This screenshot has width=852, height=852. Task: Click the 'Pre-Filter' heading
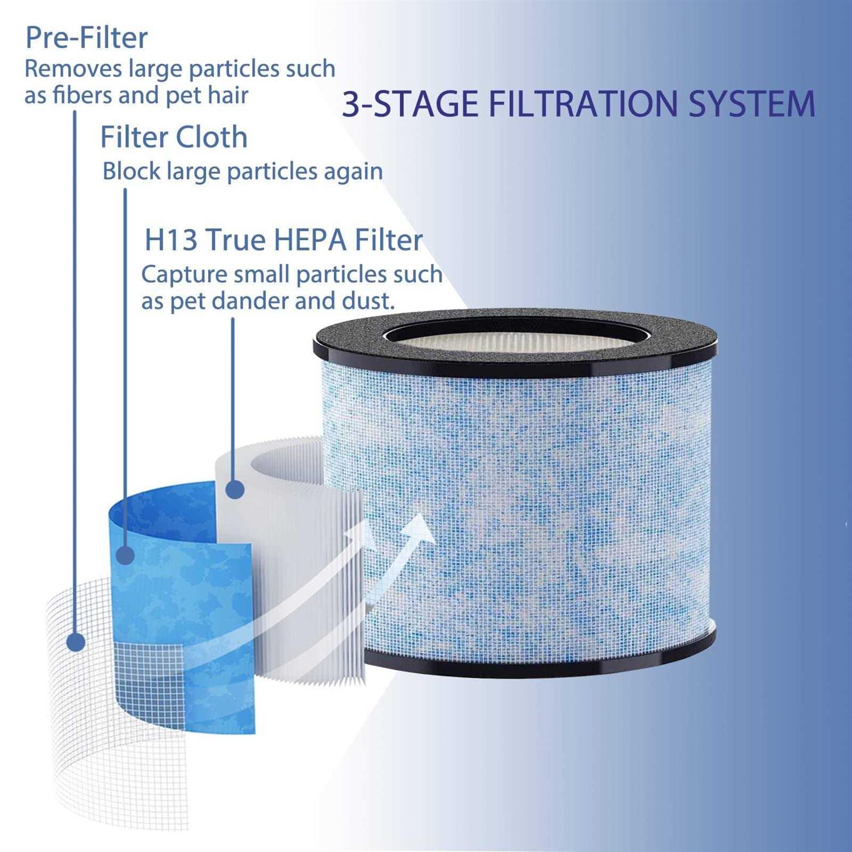point(86,38)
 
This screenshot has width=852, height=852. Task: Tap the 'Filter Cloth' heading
point(174,137)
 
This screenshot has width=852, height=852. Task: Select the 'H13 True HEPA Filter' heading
point(283,240)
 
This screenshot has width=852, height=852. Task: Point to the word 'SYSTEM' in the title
point(751,104)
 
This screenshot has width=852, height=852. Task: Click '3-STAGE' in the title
point(410,104)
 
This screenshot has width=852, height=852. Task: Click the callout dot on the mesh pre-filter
point(76,642)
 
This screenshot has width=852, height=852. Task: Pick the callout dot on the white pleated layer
point(235,489)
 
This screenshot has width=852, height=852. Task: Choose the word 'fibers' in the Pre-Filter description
point(82,95)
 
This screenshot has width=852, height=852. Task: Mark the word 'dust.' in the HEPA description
point(367,301)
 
